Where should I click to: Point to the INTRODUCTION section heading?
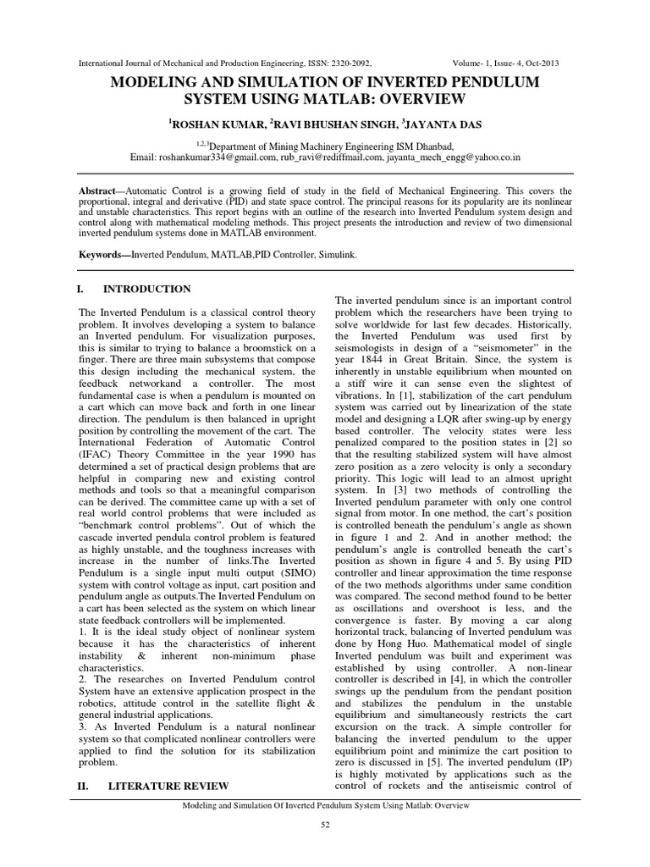click(149, 290)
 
